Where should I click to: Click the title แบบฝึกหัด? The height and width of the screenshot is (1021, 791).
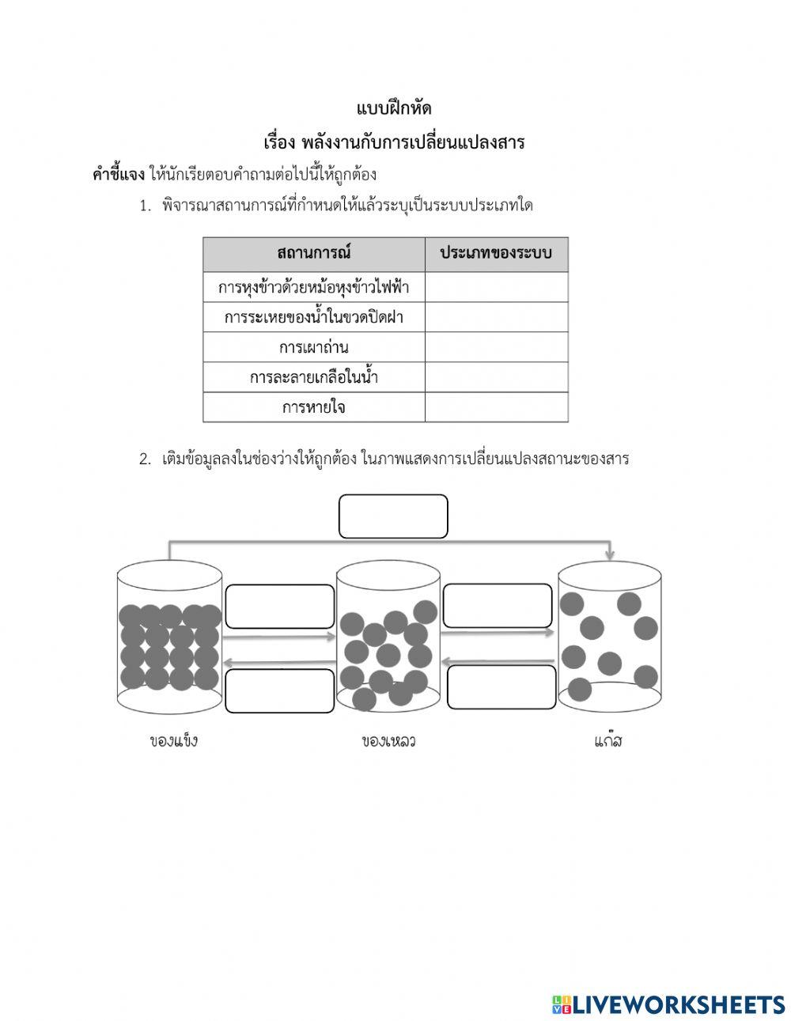pyautogui.click(x=394, y=108)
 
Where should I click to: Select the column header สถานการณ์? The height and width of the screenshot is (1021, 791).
pyautogui.click(x=314, y=254)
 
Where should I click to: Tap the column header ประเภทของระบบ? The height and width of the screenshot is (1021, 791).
pyautogui.click(x=496, y=254)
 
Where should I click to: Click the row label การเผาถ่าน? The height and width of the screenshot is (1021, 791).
pyautogui.click(x=314, y=347)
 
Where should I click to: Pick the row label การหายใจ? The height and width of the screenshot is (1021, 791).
pyautogui.click(x=314, y=408)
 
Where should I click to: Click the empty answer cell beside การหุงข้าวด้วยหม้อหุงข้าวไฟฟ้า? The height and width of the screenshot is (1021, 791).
pyautogui.click(x=496, y=287)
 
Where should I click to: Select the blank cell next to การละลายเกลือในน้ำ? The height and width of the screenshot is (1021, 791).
pyautogui.click(x=496, y=377)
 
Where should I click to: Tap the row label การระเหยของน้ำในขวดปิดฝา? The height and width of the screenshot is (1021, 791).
pyautogui.click(x=314, y=317)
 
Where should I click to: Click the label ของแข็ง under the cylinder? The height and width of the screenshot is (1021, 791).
pyautogui.click(x=173, y=741)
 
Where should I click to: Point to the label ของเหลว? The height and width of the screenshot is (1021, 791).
pyautogui.click(x=388, y=741)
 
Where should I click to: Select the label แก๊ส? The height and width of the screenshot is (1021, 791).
pyautogui.click(x=607, y=741)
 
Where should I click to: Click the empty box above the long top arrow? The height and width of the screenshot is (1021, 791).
pyautogui.click(x=393, y=516)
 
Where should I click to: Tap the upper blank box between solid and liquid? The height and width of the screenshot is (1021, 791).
pyautogui.click(x=280, y=607)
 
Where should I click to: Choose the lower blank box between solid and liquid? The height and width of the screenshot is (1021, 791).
pyautogui.click(x=280, y=690)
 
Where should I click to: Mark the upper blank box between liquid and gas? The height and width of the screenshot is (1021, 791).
pyautogui.click(x=497, y=606)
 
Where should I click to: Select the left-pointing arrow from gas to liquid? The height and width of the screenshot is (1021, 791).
pyautogui.click(x=497, y=660)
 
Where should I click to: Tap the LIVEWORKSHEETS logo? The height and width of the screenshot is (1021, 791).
pyautogui.click(x=668, y=1004)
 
